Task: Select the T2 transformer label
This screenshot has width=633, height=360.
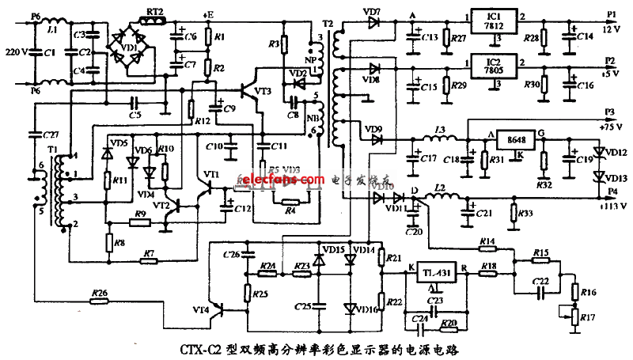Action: pos(329,17)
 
